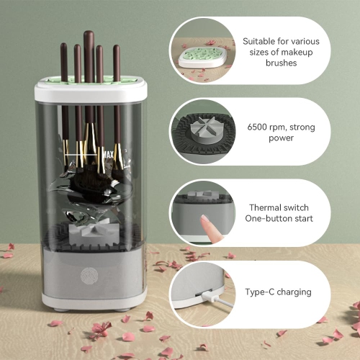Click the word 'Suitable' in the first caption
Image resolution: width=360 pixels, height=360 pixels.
(x=260, y=42)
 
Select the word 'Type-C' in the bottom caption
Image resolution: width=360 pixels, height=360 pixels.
(x=263, y=292)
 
